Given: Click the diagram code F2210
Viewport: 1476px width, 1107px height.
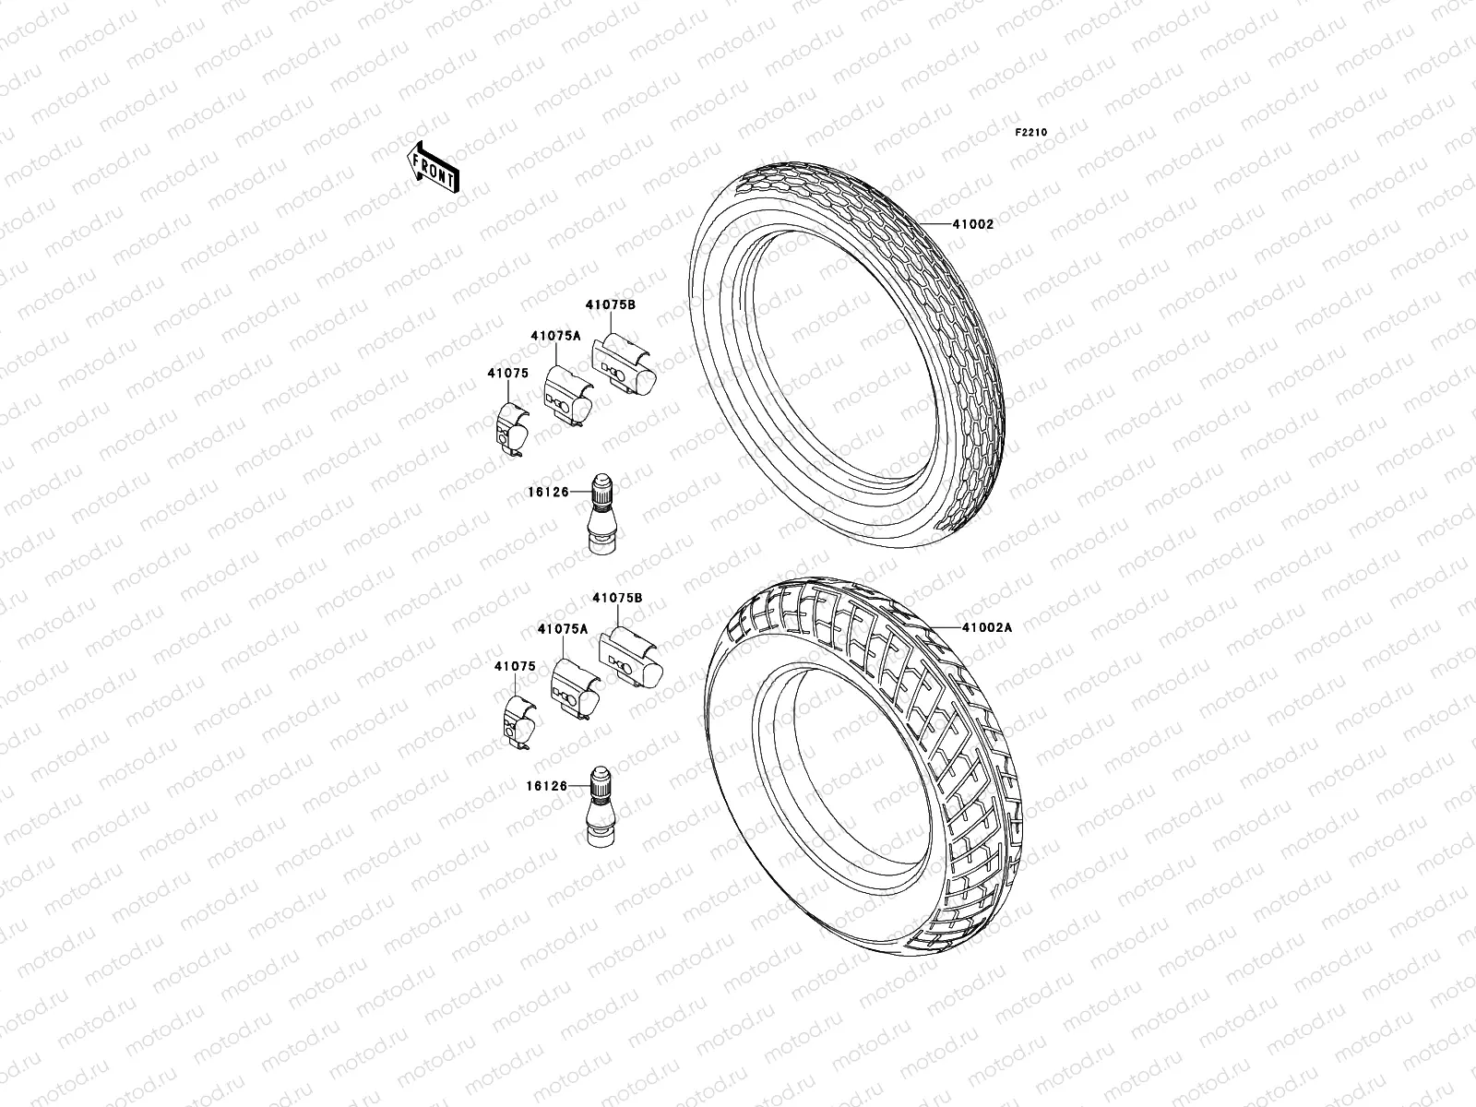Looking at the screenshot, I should click(1032, 133).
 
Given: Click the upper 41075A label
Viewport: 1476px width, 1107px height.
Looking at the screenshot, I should click(555, 337).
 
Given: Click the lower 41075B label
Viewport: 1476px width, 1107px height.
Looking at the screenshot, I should click(617, 598).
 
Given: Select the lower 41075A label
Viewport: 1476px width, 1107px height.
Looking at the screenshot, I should click(562, 629).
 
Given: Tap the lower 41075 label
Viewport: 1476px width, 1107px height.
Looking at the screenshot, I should click(515, 666).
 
